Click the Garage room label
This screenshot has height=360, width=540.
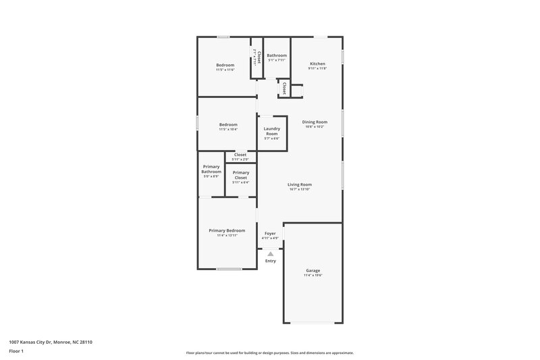313,270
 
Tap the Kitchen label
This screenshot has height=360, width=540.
317,64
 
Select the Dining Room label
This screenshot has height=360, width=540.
315,122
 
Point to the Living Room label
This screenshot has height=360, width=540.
300,184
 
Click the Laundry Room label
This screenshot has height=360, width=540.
271,131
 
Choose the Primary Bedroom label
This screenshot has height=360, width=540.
226,230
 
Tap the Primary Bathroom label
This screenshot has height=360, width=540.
211,169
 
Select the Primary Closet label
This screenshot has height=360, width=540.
241,175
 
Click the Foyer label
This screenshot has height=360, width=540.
270,233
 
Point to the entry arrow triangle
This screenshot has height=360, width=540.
271,253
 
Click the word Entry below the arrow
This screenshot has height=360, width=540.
271,261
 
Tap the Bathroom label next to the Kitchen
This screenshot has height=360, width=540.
277,55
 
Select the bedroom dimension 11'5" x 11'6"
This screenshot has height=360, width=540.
225,70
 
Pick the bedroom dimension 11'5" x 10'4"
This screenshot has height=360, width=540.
228,129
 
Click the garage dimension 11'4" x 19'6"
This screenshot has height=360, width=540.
313,275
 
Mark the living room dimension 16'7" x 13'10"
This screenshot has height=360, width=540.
300,189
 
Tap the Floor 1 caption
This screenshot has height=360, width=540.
17,352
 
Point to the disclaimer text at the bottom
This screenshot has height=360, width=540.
270,353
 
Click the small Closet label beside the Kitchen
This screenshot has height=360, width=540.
284,88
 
